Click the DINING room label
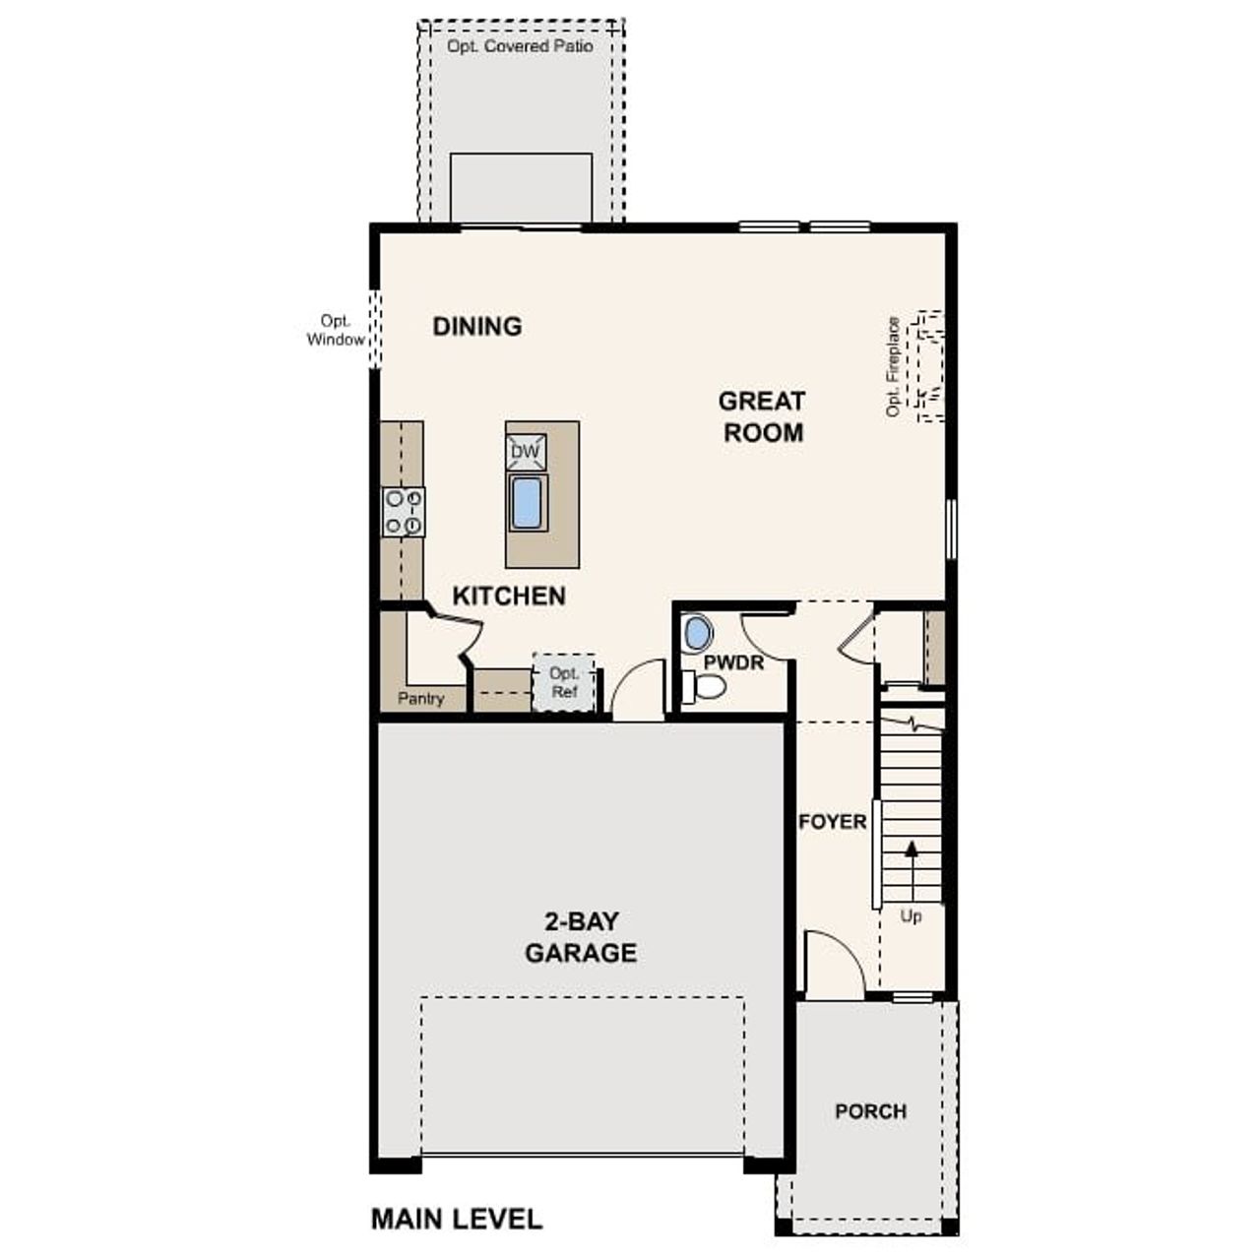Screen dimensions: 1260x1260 pos(477,326)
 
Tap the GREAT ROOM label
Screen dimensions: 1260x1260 pos(762,416)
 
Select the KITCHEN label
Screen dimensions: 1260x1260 pos(509,596)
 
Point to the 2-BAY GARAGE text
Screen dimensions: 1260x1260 pos(581,937)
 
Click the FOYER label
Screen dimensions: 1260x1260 pos(833,821)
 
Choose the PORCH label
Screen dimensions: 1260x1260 pos(870,1111)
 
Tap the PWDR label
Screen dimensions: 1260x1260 pos(733,662)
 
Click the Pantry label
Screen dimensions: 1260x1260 pos(420,699)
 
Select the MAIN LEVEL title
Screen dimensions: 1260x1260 pos(457,1219)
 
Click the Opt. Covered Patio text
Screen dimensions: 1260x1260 pos(520,46)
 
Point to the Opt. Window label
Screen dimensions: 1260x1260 pos(336,331)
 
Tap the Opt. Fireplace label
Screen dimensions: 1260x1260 pos(893,366)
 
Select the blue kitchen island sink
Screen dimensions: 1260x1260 pos(527,503)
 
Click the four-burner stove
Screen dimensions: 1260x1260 pos(404,512)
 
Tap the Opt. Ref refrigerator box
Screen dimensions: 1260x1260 pos(564,682)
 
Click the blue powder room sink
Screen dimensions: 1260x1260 pos(697,633)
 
